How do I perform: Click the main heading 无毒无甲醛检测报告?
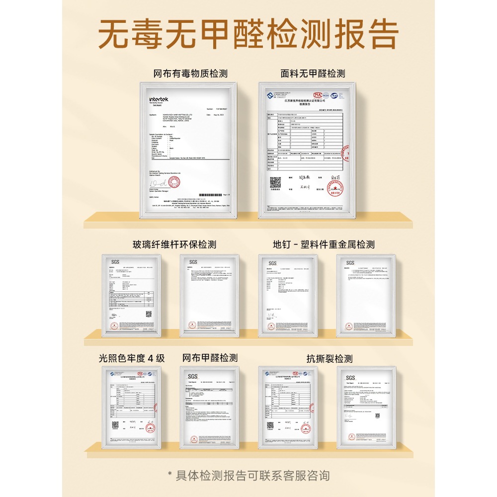(x=248, y=34)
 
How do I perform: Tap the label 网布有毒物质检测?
(x=190, y=74)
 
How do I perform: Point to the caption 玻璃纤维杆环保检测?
(x=174, y=245)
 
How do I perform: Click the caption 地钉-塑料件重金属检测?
(x=324, y=245)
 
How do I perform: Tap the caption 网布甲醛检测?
(x=210, y=358)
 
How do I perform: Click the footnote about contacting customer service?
(x=248, y=476)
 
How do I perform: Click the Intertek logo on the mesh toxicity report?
(x=159, y=99)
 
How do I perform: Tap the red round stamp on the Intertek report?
(x=173, y=182)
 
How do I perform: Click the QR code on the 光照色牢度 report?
(x=115, y=425)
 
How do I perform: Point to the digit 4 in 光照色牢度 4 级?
(x=150, y=358)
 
